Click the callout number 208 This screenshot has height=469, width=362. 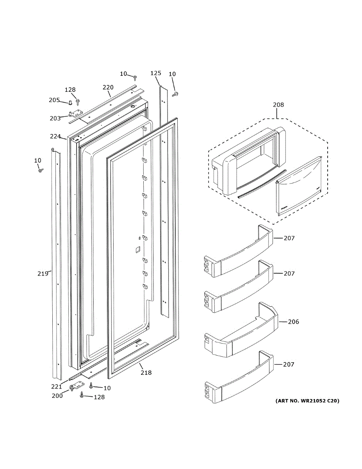click(x=278, y=105)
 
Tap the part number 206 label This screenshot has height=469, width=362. click(x=293, y=322)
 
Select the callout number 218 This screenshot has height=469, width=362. click(x=146, y=372)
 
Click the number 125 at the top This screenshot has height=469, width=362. click(x=155, y=73)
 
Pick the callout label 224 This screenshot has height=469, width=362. click(x=55, y=136)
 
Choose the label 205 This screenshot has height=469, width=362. click(x=54, y=100)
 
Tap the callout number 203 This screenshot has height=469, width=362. click(x=55, y=118)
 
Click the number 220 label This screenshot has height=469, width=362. click(x=108, y=88)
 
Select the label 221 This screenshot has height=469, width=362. click(x=57, y=387)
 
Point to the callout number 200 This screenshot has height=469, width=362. click(x=57, y=395)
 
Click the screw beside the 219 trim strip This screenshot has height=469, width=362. click(x=40, y=170)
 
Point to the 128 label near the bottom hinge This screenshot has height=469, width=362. click(x=99, y=397)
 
